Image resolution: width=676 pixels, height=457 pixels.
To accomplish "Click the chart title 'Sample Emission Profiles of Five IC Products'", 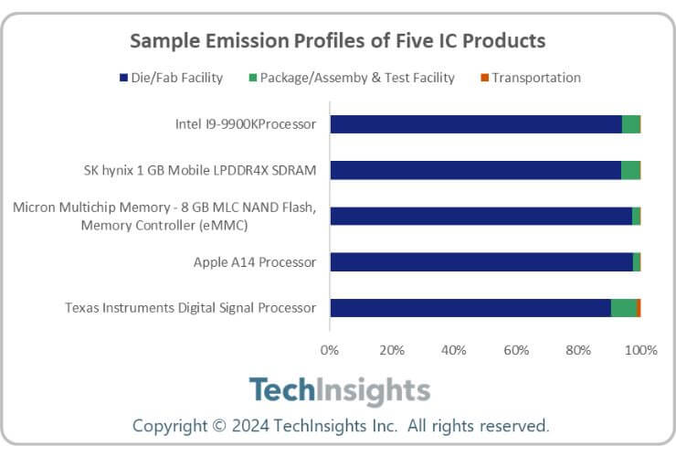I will point(337,41).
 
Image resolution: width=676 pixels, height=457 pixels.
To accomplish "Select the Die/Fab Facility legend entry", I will point(171,78).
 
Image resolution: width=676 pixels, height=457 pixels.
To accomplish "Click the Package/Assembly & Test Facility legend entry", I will point(351,78).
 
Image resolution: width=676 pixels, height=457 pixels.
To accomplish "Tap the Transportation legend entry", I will point(530,78).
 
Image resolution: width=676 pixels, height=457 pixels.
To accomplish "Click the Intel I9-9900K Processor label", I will point(246,124).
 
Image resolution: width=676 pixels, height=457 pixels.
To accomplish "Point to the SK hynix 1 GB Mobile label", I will point(199,170).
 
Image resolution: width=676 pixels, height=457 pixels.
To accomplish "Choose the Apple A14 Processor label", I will point(255,262).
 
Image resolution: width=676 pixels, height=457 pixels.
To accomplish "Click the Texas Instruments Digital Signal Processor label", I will point(190,308).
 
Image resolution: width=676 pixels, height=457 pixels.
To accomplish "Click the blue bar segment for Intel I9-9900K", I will point(475,124).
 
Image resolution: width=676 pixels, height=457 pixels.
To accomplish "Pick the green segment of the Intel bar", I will point(630,124).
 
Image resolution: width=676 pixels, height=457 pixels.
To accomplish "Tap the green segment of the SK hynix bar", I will point(630,170).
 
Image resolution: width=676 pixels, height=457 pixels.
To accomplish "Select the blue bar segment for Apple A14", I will point(481,262).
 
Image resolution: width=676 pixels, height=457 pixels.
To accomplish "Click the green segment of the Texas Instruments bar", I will point(624,308).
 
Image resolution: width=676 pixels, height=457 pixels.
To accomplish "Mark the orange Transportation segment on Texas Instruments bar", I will point(639,308).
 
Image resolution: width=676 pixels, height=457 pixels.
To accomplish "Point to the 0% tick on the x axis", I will point(330,349).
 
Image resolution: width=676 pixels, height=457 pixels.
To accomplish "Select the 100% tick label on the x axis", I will point(640,349).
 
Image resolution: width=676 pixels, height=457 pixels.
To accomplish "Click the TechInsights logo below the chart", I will point(339,390).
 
